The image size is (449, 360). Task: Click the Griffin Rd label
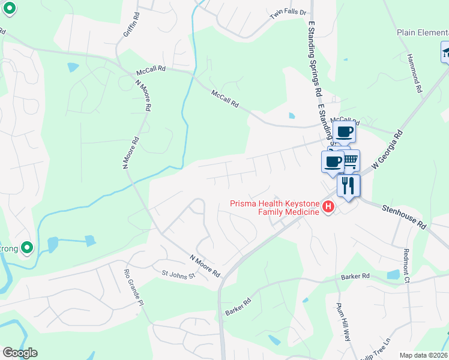tap(130, 25)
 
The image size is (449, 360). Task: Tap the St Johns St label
tap(178, 275)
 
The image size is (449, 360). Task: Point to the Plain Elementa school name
tap(422, 32)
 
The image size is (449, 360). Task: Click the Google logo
tap(20, 353)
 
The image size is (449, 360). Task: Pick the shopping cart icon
tap(351, 160)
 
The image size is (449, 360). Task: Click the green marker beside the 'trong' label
tap(26, 247)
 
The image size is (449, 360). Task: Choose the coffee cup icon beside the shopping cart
tap(333, 160)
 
